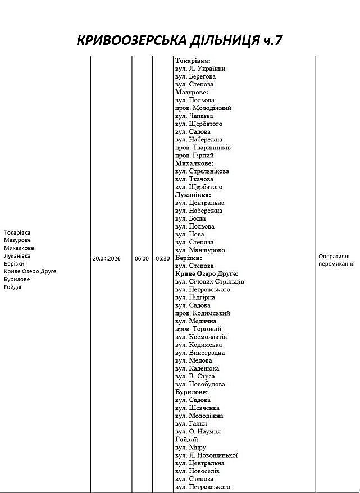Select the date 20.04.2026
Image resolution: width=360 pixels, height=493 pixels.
pyautogui.click(x=107, y=259)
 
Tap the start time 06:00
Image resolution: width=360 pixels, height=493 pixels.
pyautogui.click(x=142, y=259)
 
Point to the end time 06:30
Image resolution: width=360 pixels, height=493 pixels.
pyautogui.click(x=163, y=259)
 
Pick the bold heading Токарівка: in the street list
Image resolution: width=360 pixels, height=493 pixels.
pyautogui.click(x=193, y=61)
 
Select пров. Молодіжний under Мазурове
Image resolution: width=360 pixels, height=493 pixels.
pyautogui.click(x=203, y=108)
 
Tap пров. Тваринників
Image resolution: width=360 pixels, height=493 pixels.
pyautogui.click(x=203, y=148)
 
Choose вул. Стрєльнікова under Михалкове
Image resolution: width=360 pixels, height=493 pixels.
pyautogui.click(x=202, y=171)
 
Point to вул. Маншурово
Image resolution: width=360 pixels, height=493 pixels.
pyautogui.click(x=200, y=250)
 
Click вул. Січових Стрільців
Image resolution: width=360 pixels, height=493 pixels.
pyautogui.click(x=209, y=281)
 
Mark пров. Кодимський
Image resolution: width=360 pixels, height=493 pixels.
pyautogui.click(x=203, y=313)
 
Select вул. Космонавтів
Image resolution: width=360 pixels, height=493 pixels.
pyautogui.click(x=201, y=337)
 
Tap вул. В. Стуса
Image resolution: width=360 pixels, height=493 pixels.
pyautogui.click(x=195, y=376)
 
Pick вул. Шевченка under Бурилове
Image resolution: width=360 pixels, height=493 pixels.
pyautogui.click(x=197, y=408)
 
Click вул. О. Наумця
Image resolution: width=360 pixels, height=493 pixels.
pyautogui.click(x=198, y=431)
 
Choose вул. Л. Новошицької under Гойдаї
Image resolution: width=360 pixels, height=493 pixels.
pyautogui.click(x=207, y=455)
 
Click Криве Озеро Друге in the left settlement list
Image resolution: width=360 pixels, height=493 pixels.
pyautogui.click(x=30, y=271)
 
